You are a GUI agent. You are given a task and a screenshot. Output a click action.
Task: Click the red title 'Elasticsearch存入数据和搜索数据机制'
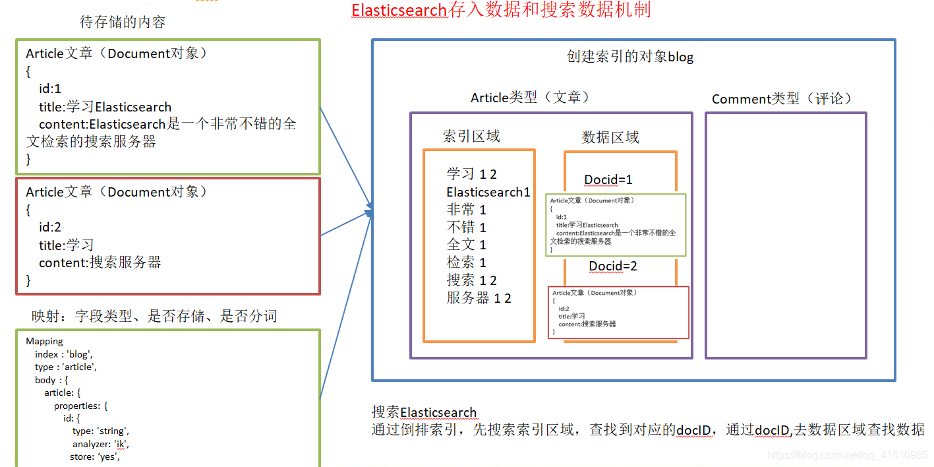[501, 11]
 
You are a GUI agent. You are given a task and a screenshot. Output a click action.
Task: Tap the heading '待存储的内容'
[123, 22]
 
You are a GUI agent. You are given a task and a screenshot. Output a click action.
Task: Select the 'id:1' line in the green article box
[50, 89]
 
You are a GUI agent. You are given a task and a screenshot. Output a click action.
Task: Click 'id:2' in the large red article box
[50, 228]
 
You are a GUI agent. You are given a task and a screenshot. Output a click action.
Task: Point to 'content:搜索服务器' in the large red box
[100, 263]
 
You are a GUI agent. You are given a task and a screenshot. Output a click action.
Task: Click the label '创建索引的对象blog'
[630, 57]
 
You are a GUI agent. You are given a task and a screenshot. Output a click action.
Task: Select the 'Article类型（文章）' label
[530, 98]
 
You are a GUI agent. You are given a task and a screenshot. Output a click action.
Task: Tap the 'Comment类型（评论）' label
[782, 99]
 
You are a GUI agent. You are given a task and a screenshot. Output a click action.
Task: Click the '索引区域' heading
[471, 137]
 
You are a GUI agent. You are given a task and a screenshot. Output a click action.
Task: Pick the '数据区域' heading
[610, 137]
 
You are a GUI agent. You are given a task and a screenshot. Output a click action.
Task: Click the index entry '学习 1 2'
[471, 174]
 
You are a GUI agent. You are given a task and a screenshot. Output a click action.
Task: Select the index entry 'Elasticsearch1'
[488, 192]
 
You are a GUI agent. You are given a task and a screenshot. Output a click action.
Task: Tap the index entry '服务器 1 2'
[479, 298]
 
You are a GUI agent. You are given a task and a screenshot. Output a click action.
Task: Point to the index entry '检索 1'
[466, 263]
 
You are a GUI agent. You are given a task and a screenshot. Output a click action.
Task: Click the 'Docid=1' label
[608, 180]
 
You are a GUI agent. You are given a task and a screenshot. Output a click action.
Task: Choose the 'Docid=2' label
[613, 266]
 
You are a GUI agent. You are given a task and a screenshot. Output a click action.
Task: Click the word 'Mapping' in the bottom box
[45, 342]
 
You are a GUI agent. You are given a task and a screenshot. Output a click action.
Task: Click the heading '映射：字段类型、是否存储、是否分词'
[154, 317]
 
